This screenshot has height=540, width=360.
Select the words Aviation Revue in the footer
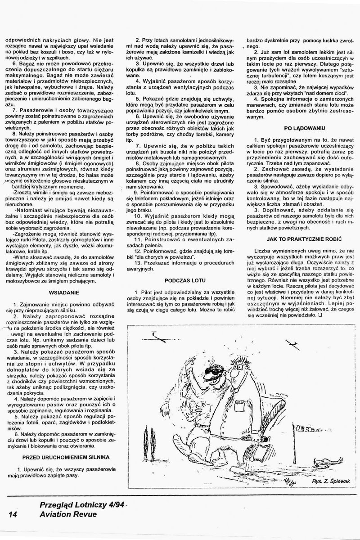(x=68, y=514)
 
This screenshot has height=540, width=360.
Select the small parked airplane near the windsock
(x=330, y=450)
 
